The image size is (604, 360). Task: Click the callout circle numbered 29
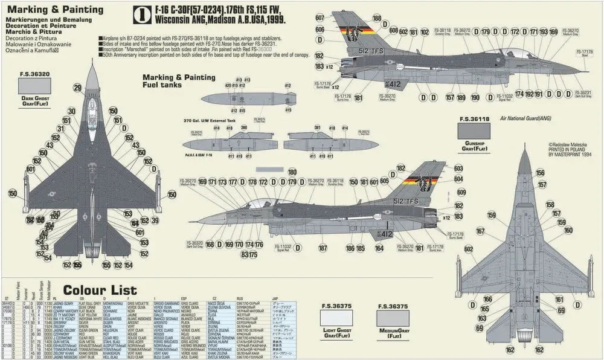[78, 88]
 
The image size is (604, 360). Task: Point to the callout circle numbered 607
[320, 18]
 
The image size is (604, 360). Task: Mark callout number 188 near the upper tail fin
[377, 19]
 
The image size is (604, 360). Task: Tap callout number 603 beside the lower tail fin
[458, 169]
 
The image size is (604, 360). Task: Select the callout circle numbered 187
[323, 248]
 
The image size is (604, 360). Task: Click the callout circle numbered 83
[244, 254]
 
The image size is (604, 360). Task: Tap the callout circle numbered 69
[479, 327]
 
